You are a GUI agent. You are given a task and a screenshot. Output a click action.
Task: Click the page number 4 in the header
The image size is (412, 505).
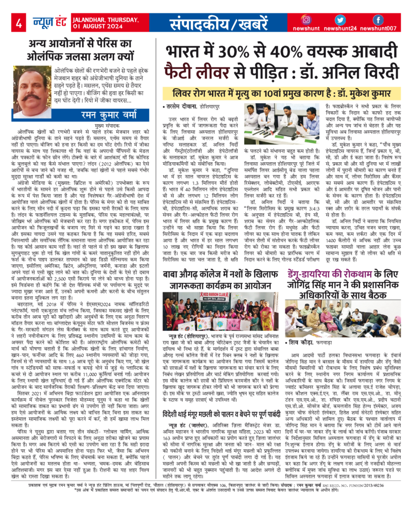coord(19,24)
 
